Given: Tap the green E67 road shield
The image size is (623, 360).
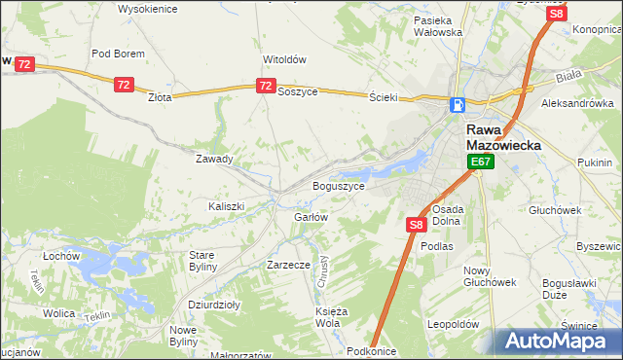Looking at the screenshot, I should pyautogui.click(x=480, y=162).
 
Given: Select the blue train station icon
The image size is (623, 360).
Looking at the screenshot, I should pyautogui.click(x=458, y=105).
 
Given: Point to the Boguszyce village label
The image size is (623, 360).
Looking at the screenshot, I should pyautogui.click(x=338, y=185).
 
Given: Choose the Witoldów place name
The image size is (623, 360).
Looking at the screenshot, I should pyautogui.click(x=284, y=58).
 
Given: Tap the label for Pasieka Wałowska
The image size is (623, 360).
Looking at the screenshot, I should pyautogui.click(x=437, y=26).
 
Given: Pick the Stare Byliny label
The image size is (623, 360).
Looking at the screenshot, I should pyautogui.click(x=207, y=260).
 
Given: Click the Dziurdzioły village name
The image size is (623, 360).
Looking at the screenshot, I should pyautogui.click(x=214, y=304).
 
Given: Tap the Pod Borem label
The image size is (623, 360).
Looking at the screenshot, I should pyautogui.click(x=118, y=54).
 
